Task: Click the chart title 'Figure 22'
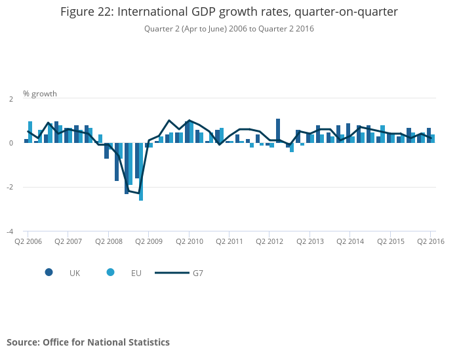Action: click(229, 12)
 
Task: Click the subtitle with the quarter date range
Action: click(229, 29)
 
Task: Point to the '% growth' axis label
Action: click(40, 94)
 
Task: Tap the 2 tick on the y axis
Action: click(10, 98)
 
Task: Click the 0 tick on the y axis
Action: click(10, 143)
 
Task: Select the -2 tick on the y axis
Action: click(9, 187)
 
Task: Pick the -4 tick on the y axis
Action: click(9, 231)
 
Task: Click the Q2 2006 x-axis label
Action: click(28, 241)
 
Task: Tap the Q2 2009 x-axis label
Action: click(149, 241)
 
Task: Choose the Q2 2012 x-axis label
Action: click(269, 241)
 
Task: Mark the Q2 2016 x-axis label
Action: click(430, 241)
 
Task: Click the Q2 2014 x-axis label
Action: click(350, 241)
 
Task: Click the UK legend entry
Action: click(74, 273)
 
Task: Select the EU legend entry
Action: click(136, 273)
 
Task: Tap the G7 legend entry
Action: click(197, 273)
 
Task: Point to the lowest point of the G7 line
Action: click(139, 193)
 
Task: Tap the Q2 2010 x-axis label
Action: click(189, 241)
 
